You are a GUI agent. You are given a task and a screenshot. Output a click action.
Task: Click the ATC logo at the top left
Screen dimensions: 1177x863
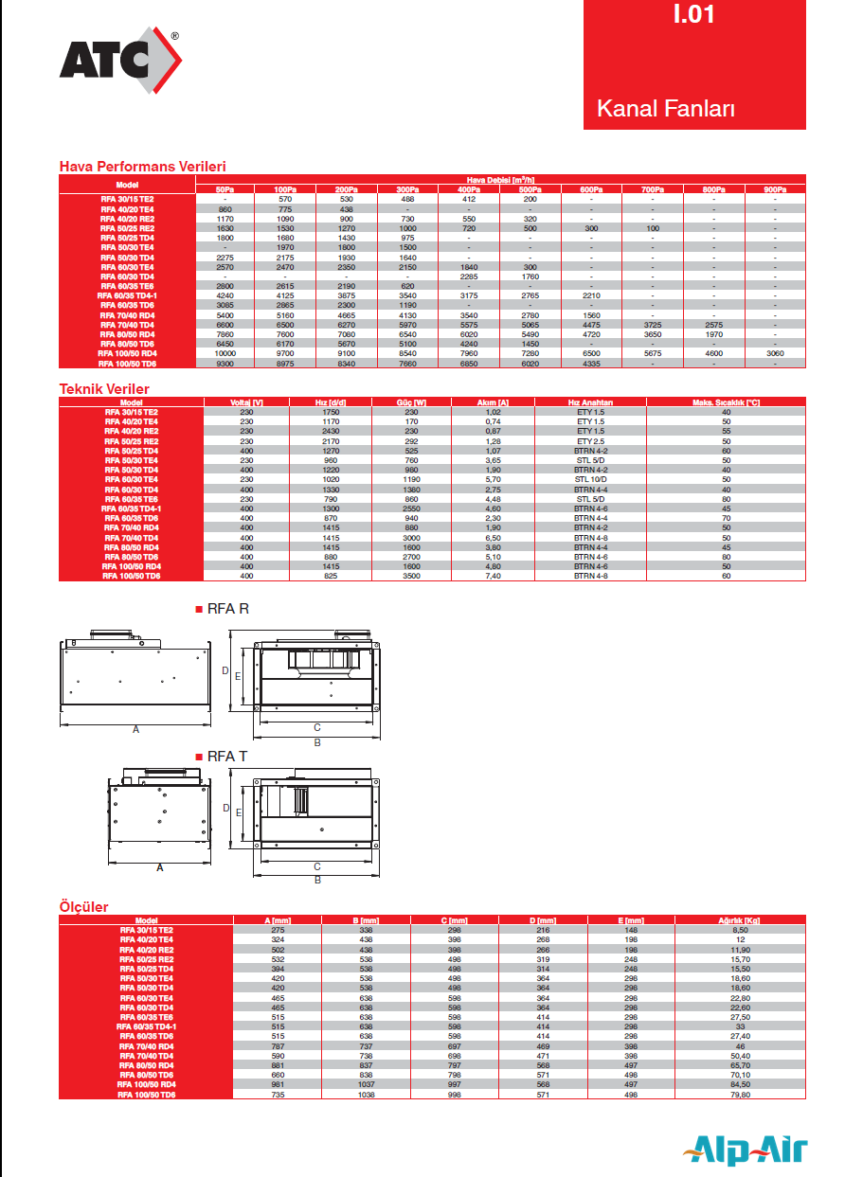(x=119, y=61)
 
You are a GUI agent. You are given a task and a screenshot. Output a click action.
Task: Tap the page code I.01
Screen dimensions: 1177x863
(x=695, y=15)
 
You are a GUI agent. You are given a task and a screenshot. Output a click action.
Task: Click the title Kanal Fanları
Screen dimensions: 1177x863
(x=666, y=109)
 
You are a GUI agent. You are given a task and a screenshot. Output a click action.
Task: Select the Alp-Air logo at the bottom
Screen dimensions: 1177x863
(x=747, y=1150)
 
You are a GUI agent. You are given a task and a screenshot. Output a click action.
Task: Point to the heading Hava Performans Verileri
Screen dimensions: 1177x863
(x=143, y=167)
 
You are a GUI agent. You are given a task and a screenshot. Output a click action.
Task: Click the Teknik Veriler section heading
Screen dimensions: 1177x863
(x=104, y=389)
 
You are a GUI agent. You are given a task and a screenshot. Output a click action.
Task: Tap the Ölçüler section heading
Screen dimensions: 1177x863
(x=84, y=907)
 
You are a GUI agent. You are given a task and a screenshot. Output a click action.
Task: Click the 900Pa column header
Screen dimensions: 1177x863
(x=775, y=190)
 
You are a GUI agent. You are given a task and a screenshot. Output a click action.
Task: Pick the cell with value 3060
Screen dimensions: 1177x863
(x=775, y=352)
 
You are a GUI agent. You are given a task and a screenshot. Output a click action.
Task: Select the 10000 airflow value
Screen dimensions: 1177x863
(x=225, y=352)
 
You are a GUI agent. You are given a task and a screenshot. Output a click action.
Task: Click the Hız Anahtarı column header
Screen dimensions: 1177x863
(x=590, y=402)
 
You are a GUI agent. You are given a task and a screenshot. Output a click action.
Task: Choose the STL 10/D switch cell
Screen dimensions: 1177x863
(x=590, y=480)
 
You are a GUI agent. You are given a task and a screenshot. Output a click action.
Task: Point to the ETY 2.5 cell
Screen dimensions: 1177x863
(x=590, y=441)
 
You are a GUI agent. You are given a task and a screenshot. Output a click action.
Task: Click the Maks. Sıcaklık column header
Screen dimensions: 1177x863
(x=726, y=402)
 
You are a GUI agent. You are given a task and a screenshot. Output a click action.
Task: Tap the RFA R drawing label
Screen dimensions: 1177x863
(x=227, y=610)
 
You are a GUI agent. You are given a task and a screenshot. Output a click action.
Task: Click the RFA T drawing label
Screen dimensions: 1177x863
(x=227, y=757)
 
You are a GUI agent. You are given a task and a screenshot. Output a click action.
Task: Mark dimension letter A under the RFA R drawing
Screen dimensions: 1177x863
(x=135, y=730)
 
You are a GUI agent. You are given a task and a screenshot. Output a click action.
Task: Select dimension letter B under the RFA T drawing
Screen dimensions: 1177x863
(x=317, y=881)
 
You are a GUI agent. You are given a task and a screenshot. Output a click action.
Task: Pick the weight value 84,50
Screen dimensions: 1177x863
(x=726, y=1084)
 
